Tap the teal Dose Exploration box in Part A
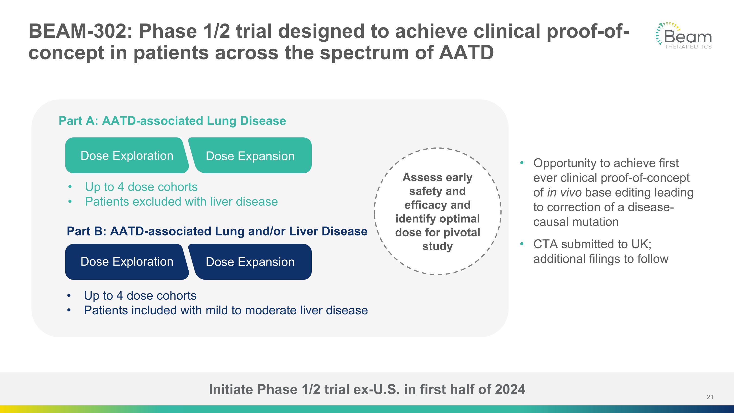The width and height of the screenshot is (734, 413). click(x=127, y=156)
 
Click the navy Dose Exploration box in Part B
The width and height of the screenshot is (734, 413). click(x=127, y=262)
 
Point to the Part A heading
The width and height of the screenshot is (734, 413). click(x=172, y=121)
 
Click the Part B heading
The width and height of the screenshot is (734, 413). click(x=217, y=231)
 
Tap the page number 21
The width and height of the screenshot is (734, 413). click(x=710, y=397)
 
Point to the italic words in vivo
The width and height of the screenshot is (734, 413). click(x=564, y=193)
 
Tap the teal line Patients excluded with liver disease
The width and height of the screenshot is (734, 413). click(x=181, y=202)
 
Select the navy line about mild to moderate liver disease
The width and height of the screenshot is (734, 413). click(x=226, y=310)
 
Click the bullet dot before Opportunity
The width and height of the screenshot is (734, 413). click(x=522, y=163)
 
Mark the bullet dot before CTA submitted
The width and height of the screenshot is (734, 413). click(x=522, y=244)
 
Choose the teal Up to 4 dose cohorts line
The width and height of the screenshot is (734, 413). click(x=141, y=187)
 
